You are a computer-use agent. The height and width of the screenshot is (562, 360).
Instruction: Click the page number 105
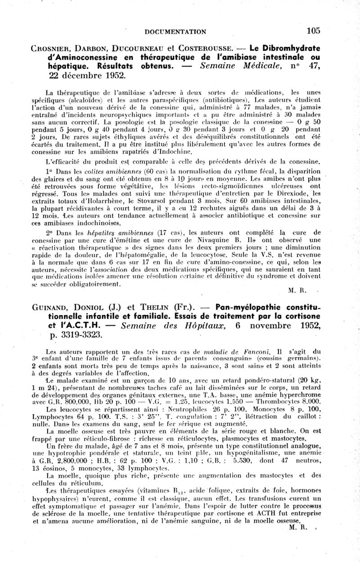[x=313, y=31]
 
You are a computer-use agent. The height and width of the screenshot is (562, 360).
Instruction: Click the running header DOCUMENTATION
[x=175, y=31]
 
